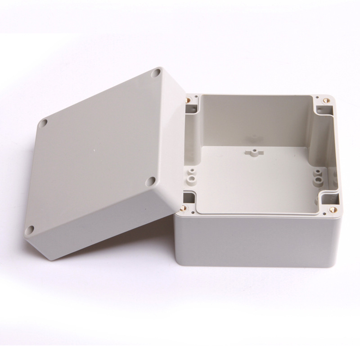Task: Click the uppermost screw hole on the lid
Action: [156, 72]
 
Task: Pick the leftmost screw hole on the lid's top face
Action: [45, 122]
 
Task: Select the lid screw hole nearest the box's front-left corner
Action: [152, 181]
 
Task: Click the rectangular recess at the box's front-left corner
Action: [189, 198]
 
